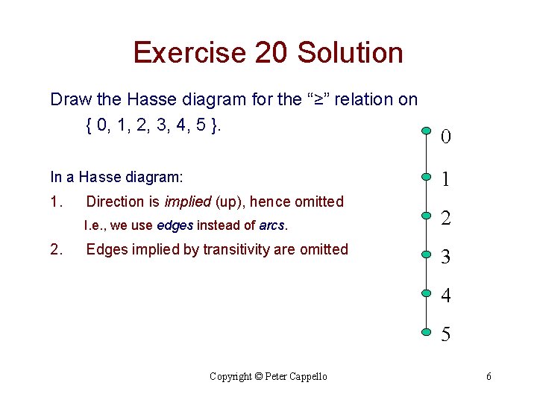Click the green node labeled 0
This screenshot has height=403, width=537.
pos(424,131)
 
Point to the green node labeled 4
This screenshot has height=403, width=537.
pos(424,290)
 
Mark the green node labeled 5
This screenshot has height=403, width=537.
pos(424,330)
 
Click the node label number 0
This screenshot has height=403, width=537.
pos(445,137)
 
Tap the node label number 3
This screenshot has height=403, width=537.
pos(445,257)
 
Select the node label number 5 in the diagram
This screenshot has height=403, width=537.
pos(445,335)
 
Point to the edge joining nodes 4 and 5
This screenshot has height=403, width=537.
pos(424,310)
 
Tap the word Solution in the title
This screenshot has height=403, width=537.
pos(350,53)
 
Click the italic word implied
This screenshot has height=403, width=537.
pos(187,201)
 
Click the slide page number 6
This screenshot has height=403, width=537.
pos(489,377)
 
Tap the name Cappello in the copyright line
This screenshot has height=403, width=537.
pos(305,377)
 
